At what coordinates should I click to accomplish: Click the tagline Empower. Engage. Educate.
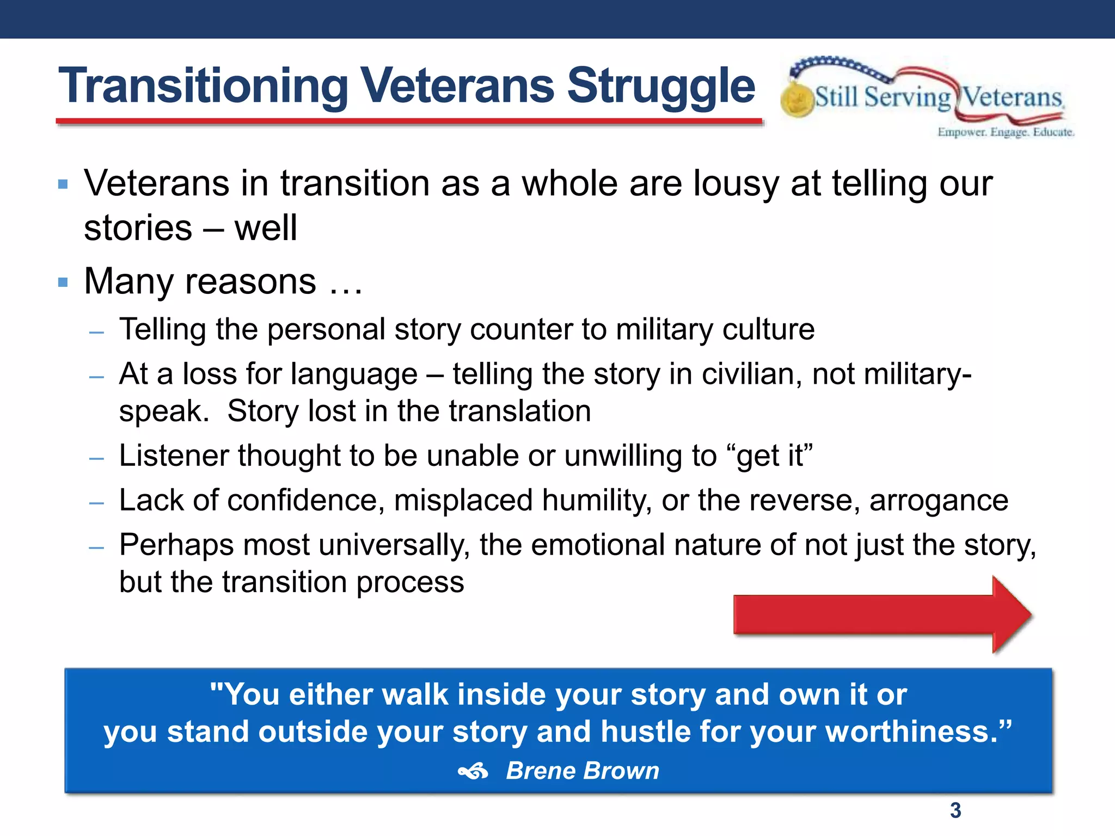(1005, 132)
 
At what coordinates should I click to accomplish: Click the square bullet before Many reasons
(63, 282)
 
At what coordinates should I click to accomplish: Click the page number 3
(955, 810)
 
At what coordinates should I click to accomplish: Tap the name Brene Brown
(582, 771)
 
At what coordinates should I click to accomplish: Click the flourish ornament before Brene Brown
(473, 771)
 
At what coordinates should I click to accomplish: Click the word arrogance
(939, 500)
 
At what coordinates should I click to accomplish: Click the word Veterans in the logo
(1012, 98)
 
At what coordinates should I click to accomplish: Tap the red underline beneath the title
(408, 122)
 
